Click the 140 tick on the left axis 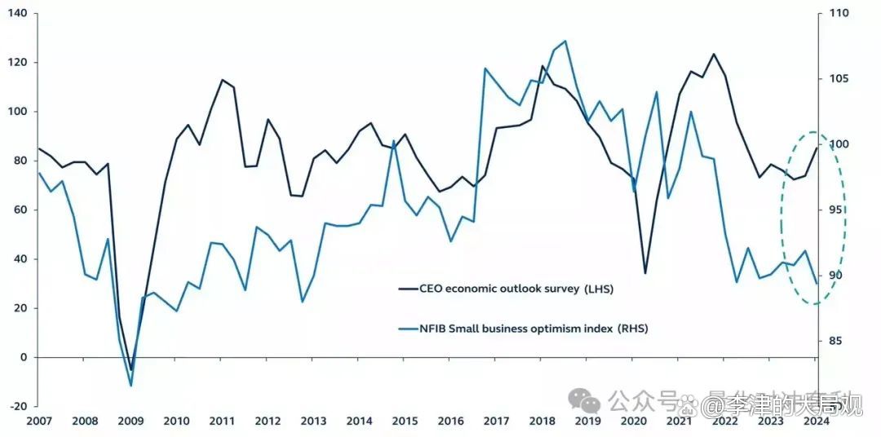16,14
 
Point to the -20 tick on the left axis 16,406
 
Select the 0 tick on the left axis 22,357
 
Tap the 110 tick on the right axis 839,14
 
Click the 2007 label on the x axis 38,422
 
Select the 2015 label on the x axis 405,422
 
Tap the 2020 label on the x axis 634,422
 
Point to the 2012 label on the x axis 268,422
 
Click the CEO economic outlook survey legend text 517,289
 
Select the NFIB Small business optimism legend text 534,329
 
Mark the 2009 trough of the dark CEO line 131,369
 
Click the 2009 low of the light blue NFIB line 131,386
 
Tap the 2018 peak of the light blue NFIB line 565,41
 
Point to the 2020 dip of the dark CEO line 645,273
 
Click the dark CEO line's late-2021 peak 714,54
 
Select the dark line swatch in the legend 407,289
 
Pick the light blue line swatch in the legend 407,329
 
